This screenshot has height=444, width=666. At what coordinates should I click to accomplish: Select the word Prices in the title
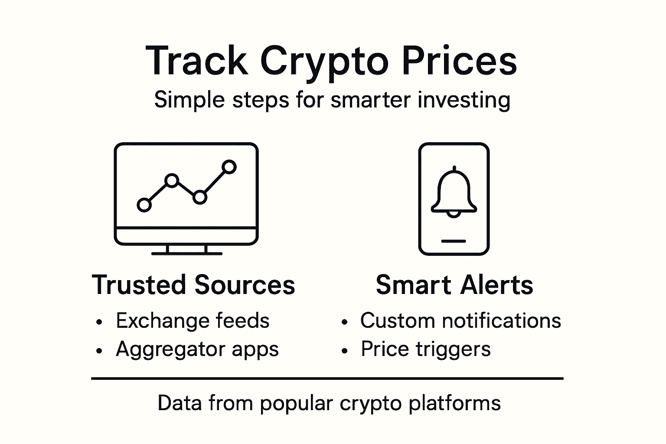(459, 61)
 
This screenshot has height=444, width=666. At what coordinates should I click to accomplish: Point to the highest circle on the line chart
(229, 167)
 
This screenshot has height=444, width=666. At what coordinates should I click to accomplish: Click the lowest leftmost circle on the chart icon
(144, 205)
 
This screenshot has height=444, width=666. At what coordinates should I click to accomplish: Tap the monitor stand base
(186, 253)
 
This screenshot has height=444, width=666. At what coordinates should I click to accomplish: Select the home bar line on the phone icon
(454, 241)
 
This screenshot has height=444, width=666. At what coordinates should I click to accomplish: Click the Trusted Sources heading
(193, 285)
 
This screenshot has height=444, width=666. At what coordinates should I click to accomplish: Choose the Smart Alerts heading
(454, 285)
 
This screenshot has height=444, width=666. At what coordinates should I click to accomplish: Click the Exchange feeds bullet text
(193, 321)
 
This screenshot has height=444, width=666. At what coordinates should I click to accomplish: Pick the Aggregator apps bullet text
(197, 349)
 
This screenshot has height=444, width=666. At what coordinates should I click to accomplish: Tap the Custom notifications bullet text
(460, 321)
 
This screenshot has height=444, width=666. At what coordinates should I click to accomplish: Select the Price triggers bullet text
(426, 349)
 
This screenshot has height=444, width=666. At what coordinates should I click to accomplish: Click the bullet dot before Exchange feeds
(100, 322)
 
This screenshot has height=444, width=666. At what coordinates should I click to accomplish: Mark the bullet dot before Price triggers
(345, 351)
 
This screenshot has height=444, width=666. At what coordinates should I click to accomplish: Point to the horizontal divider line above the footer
(327, 379)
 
